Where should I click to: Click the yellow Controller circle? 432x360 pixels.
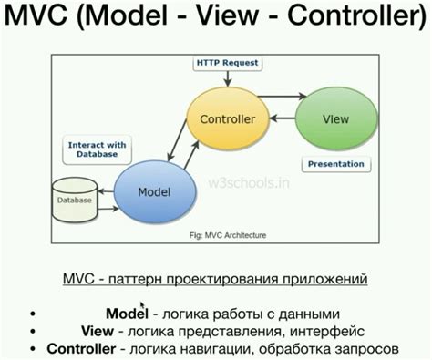tap(226, 119)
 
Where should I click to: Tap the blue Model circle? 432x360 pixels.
tap(154, 192)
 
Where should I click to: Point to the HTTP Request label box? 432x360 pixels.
tap(226, 64)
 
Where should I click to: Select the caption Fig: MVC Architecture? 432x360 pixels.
tap(227, 235)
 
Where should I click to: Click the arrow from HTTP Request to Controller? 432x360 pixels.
tap(226, 82)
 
